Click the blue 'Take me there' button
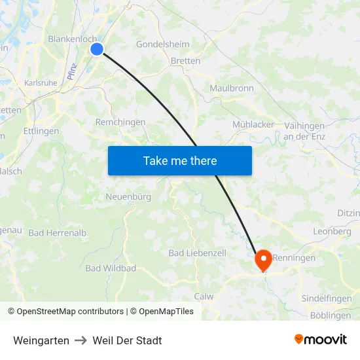coord(180,160)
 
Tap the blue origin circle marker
coord(97,49)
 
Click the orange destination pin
coord(264,260)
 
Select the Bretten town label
coord(185,61)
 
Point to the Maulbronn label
coord(231,88)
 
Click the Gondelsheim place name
coord(162,45)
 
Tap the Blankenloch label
coord(73,39)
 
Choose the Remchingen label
coord(120,122)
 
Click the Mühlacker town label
coord(253,124)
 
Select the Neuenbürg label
coord(128,196)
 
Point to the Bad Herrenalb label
coord(58,233)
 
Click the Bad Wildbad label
coord(111,268)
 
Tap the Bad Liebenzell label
coord(197,253)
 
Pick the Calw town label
coord(204,297)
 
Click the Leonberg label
coord(333,232)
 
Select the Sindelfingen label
coord(327,298)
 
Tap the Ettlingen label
coord(41,131)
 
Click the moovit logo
coord(321,340)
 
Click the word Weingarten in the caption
coord(41,340)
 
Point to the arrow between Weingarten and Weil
coord(81,340)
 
